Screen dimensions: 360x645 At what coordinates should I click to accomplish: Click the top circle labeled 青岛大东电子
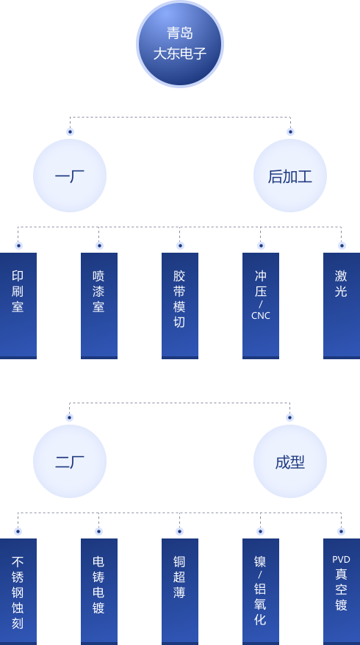tap(180, 43)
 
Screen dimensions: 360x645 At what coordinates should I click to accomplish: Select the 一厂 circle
tap(70, 176)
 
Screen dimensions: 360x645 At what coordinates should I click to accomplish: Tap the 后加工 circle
tap(290, 176)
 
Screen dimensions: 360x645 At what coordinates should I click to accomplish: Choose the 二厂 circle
tap(70, 461)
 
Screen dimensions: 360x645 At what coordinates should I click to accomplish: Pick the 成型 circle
tap(290, 461)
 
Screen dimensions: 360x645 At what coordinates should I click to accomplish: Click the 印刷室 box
tap(18, 306)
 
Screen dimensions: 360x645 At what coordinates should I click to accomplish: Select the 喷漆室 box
tap(99, 306)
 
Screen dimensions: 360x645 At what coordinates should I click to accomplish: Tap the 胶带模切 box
tap(180, 306)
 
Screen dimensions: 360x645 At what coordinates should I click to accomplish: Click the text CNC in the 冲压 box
tap(260, 316)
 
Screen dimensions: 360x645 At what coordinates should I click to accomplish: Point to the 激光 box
tap(342, 306)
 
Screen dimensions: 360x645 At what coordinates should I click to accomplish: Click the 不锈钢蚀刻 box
tap(18, 591)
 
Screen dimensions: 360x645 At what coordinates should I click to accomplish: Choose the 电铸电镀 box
tap(99, 591)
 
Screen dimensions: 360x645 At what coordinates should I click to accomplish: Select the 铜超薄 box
tap(180, 591)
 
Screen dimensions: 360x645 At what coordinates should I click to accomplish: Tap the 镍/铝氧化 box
tap(260, 591)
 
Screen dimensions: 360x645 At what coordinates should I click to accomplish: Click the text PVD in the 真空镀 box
tap(341, 560)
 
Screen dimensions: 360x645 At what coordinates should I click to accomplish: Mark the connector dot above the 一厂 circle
tap(70, 131)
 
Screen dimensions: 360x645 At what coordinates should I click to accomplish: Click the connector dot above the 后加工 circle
tap(290, 131)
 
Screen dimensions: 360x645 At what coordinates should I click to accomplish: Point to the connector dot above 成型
tap(289, 417)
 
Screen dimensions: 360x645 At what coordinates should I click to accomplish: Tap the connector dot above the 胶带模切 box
tap(180, 245)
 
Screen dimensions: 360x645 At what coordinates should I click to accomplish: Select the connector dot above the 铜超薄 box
tap(179, 531)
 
